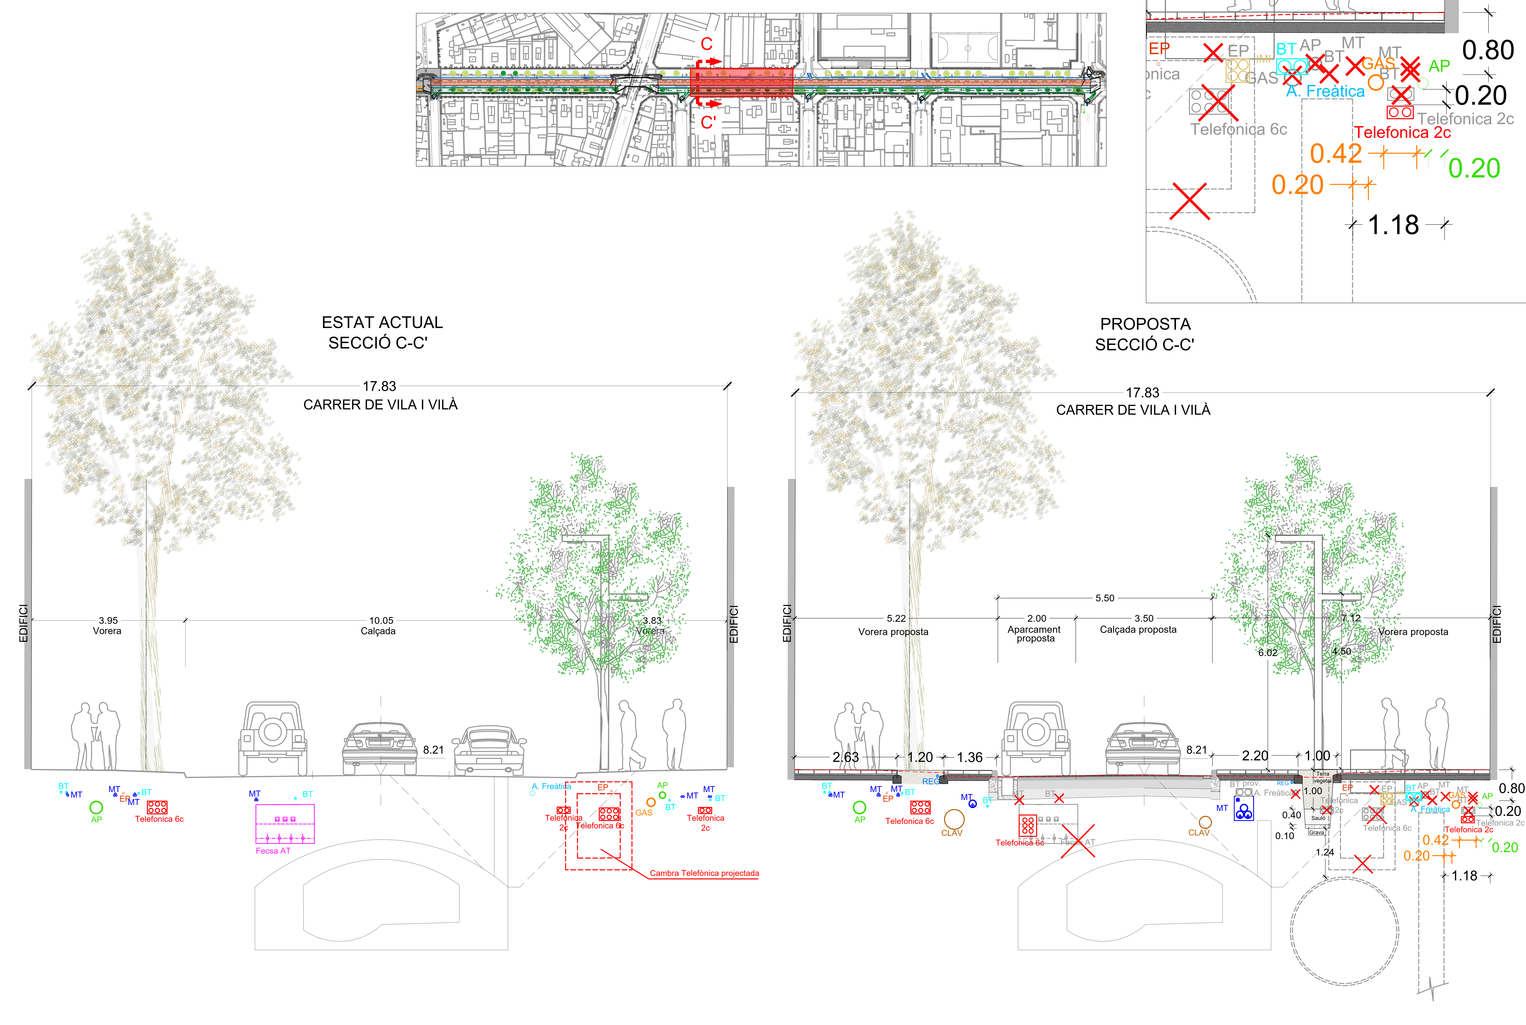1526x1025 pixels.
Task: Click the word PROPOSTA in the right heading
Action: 1145,324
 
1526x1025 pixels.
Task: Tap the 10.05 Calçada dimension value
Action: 381,620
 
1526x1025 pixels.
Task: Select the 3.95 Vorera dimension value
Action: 108,620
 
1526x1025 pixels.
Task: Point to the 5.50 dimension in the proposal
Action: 1104,598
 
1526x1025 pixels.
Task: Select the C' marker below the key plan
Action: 708,122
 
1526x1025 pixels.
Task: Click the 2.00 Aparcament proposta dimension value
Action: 1036,618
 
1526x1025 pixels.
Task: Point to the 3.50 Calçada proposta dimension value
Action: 1144,618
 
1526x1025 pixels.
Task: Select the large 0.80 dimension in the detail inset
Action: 1488,50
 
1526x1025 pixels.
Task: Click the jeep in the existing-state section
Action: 272,739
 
